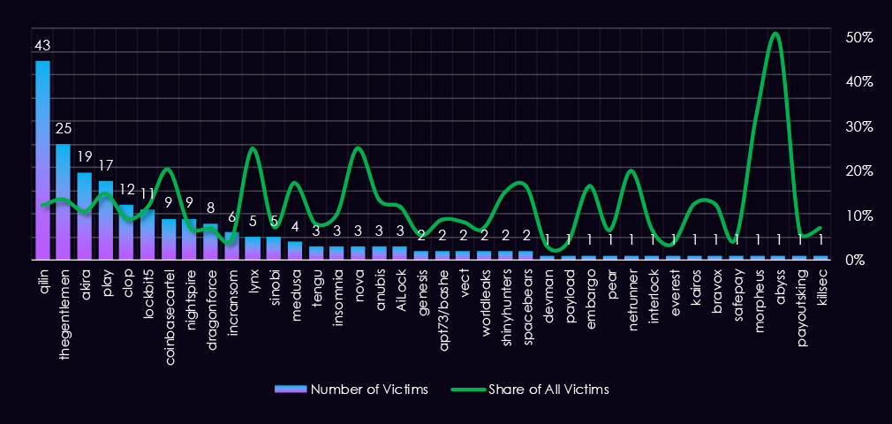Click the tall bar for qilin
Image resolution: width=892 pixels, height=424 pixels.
(x=42, y=159)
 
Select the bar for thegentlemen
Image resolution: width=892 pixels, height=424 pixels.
(x=64, y=201)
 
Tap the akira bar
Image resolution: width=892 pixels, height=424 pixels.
(x=85, y=216)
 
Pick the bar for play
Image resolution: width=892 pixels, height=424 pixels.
(x=106, y=220)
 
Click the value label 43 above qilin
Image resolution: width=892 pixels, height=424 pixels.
(x=42, y=45)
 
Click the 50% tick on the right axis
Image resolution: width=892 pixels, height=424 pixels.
(x=858, y=38)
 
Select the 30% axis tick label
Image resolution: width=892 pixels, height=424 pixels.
(x=858, y=126)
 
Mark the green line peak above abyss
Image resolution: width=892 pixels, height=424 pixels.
(x=775, y=34)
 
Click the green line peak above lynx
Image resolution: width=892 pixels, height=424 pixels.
(x=253, y=148)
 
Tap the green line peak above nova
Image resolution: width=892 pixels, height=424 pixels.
(x=358, y=148)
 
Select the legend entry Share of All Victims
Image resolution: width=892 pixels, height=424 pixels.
(x=530, y=389)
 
